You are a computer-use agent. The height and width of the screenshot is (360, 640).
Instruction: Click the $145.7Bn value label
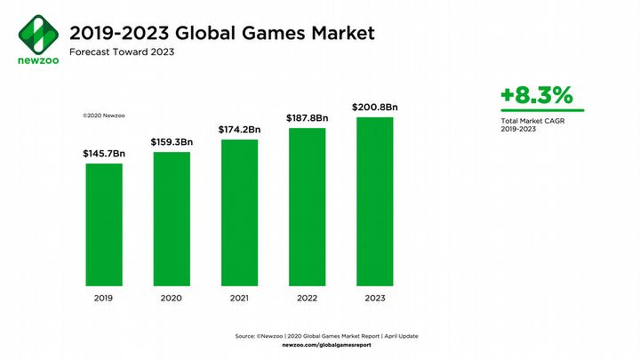point(104,153)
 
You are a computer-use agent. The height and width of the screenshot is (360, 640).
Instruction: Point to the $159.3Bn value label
point(172,141)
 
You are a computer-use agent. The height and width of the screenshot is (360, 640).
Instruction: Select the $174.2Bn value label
point(239,130)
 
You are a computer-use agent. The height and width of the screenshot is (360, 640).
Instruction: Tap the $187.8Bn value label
point(307,118)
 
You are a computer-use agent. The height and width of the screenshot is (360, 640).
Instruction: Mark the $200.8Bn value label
point(374,107)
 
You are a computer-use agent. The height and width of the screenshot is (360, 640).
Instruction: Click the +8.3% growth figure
point(536,96)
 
